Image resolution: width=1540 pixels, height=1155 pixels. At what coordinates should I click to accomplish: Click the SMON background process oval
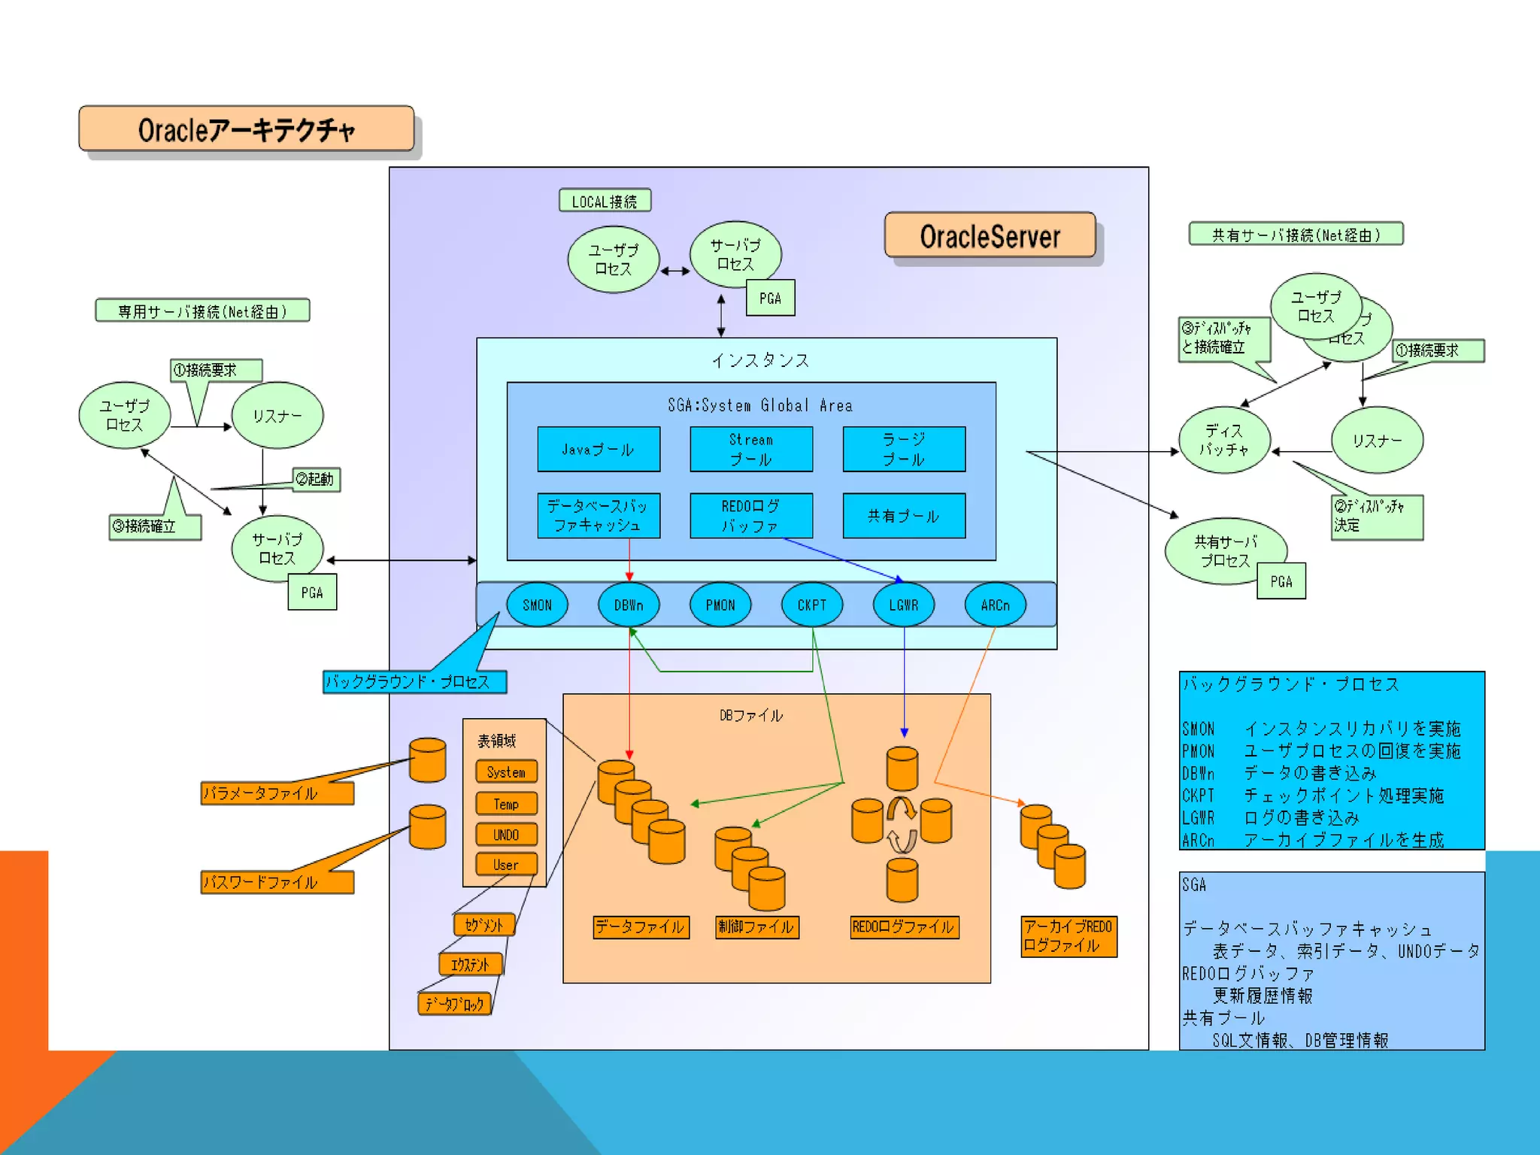coord(537,605)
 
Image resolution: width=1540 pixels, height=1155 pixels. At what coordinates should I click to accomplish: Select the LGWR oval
coord(903,605)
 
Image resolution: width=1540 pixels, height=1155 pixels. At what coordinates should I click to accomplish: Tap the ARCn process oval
coord(995,605)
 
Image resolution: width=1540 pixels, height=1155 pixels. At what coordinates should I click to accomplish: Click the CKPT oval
coord(811,605)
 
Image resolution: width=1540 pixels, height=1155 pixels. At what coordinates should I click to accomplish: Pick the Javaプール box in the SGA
coord(599,450)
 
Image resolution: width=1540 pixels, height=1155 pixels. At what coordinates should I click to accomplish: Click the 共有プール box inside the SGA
coord(904,516)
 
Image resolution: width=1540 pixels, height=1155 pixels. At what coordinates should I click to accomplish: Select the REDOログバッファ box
coord(751,516)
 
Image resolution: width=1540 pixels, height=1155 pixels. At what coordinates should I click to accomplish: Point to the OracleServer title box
coord(990,236)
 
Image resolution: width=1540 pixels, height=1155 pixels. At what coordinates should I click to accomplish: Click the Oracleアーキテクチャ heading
coord(247,129)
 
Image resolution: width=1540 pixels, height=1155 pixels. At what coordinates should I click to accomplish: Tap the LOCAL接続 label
coord(605,202)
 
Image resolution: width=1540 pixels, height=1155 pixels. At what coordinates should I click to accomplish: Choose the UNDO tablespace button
coord(506,835)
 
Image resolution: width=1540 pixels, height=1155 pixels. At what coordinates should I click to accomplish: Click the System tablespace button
coord(506,772)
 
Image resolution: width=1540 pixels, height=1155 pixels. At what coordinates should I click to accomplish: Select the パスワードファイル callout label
coord(277,882)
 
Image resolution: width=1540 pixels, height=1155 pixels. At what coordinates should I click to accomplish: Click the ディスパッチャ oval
coord(1224,440)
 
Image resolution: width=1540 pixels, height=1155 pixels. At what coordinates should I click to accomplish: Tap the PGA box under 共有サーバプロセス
coord(1281,581)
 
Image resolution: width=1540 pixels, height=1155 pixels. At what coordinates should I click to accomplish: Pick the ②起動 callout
coord(316,480)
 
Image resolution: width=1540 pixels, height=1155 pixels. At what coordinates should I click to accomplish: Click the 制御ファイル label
coord(756,927)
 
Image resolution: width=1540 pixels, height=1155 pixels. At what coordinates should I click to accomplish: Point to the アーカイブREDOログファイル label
coord(1069,936)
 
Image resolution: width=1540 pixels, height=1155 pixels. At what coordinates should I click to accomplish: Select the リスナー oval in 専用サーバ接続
coord(277,416)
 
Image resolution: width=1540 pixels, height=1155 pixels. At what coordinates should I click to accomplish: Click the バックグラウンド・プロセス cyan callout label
coord(414,682)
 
